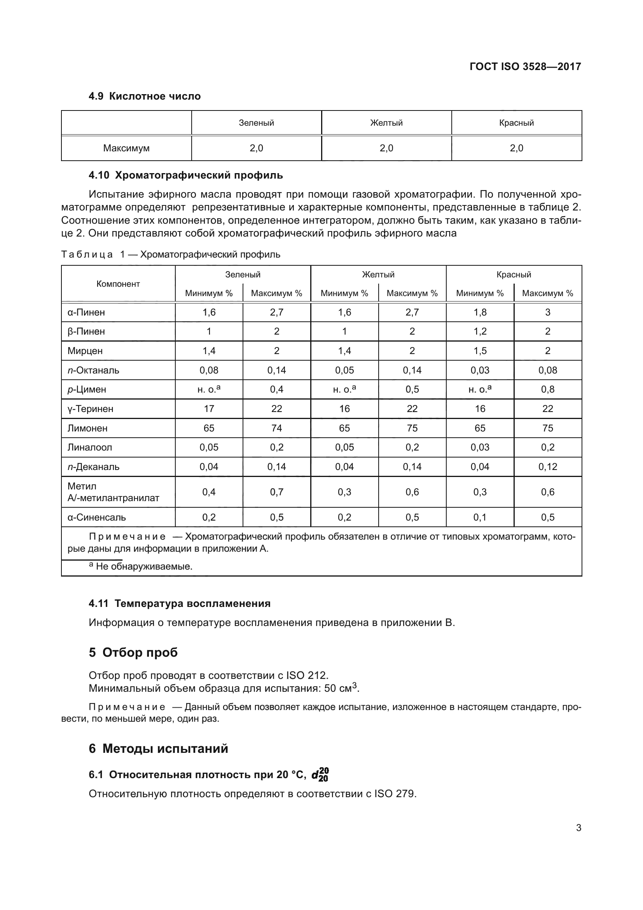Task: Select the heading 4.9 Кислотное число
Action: click(x=145, y=96)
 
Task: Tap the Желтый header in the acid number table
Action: click(x=386, y=123)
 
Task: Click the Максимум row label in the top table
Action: click(x=126, y=148)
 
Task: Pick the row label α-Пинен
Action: click(x=86, y=312)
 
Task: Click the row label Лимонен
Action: click(x=87, y=428)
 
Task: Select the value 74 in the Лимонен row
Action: click(x=276, y=428)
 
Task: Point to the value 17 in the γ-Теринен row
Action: click(x=209, y=409)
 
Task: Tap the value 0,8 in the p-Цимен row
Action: click(x=547, y=389)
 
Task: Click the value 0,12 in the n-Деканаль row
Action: click(x=547, y=466)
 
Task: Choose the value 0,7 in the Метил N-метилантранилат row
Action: click(x=276, y=492)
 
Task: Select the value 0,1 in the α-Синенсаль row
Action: click(x=479, y=517)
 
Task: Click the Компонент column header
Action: click(x=118, y=284)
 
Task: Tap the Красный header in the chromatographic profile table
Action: click(x=514, y=274)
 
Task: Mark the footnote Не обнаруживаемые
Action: click(x=143, y=566)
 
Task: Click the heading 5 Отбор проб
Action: click(x=133, y=652)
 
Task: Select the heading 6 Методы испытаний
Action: click(x=158, y=749)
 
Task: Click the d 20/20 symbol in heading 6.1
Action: click(x=320, y=775)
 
